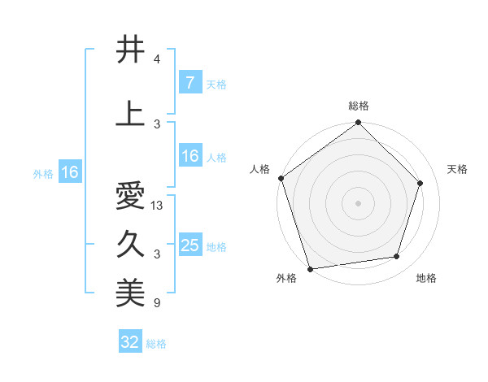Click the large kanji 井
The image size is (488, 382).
[130, 50]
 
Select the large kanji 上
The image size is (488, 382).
[130, 114]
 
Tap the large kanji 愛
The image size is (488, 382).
[130, 197]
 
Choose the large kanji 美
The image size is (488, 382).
[130, 293]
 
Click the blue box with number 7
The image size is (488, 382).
[190, 83]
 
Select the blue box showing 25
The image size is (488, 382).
[190, 245]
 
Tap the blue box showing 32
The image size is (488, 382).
[130, 342]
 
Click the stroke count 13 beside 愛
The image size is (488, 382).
[157, 206]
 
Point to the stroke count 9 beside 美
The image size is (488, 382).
[157, 303]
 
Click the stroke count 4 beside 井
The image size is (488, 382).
[157, 60]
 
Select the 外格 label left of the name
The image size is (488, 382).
[42, 173]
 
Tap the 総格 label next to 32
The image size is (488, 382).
[156, 344]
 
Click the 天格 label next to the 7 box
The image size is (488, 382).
[216, 85]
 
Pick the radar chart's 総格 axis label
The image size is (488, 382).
[359, 106]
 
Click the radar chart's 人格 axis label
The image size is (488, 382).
[260, 169]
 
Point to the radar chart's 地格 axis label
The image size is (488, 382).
[426, 279]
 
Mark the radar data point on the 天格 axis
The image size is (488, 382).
[420, 183]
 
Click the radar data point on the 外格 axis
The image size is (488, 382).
[310, 268]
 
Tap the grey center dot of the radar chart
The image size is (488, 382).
[358, 203]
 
